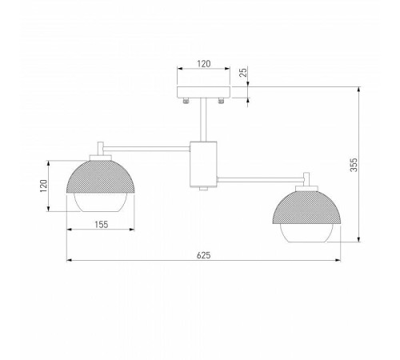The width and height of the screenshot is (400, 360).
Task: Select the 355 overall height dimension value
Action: click(353, 164)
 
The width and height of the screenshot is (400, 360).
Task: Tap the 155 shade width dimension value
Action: click(99, 225)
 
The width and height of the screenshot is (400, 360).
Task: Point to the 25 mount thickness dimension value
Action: click(243, 72)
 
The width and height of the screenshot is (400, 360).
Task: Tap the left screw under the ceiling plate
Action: click(186, 101)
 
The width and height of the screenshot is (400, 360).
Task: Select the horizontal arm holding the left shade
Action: click(144, 146)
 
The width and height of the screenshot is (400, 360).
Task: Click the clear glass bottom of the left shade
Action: click(99, 205)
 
